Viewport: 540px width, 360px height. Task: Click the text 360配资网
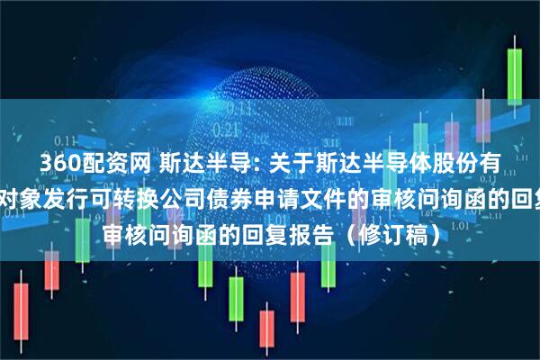pyautogui.click(x=85, y=165)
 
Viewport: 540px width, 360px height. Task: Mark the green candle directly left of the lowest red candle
pyautogui.click(x=237, y=310)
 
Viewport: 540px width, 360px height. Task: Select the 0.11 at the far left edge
pyautogui.click(x=63, y=139)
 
